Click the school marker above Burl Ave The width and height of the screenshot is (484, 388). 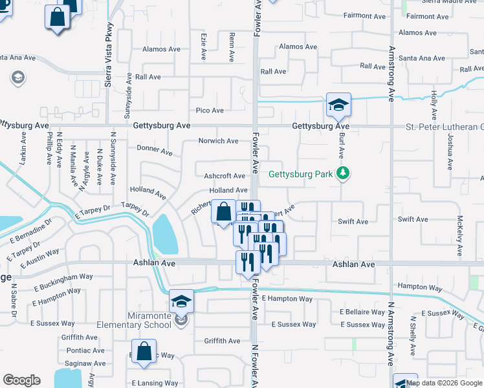(338, 106)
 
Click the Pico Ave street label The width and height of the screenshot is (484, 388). (210, 111)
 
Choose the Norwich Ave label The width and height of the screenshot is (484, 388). (218, 140)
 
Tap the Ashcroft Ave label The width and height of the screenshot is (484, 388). (225, 176)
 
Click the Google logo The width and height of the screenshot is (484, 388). (21, 380)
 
